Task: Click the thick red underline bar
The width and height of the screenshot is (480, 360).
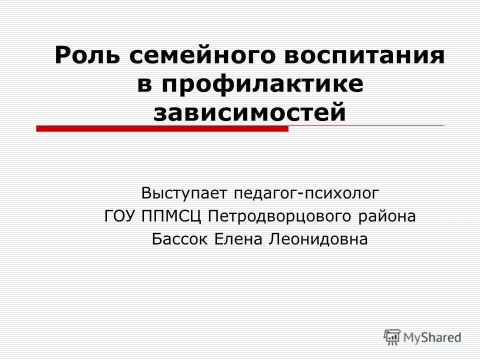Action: pos(162,129)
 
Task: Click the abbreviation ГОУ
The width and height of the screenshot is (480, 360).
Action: pos(119,216)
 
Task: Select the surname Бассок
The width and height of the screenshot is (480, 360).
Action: pos(180,239)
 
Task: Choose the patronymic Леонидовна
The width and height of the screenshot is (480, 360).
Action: pos(318,239)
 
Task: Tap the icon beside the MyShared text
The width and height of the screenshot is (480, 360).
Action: pos(392,336)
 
